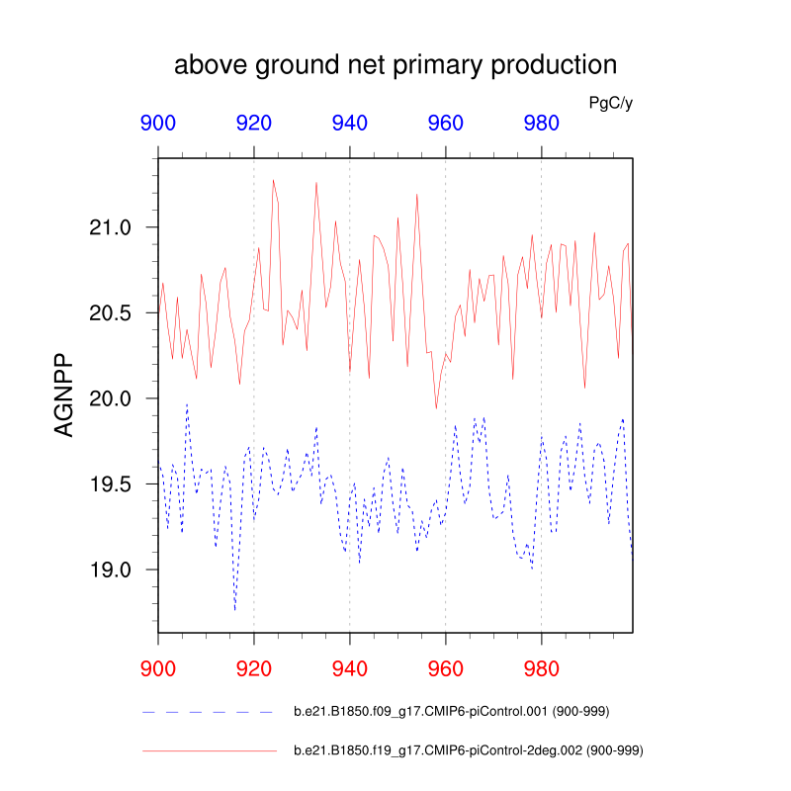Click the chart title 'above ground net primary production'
click(395, 66)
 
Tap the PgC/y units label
click(610, 102)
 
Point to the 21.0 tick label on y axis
click(111, 227)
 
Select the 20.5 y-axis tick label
click(111, 313)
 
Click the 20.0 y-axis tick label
click(111, 398)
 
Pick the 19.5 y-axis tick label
click(111, 484)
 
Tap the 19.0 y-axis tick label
click(111, 570)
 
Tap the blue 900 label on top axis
click(158, 124)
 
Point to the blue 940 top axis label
click(350, 124)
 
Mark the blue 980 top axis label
click(541, 124)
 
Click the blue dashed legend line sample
click(208, 712)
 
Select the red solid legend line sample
click(208, 751)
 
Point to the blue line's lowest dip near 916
click(234, 610)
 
